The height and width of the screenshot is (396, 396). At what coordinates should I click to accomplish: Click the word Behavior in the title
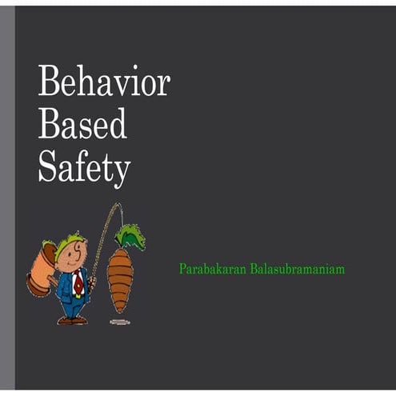(x=104, y=81)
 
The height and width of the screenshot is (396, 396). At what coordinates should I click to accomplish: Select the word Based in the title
(x=82, y=125)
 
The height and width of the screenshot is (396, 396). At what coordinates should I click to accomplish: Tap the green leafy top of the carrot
(x=129, y=237)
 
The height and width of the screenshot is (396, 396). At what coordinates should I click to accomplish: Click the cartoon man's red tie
(x=78, y=282)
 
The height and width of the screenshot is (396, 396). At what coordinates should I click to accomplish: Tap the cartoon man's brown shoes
(x=72, y=320)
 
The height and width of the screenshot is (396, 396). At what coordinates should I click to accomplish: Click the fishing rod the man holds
(x=105, y=240)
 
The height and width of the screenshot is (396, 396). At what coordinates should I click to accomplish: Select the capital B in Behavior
(x=49, y=81)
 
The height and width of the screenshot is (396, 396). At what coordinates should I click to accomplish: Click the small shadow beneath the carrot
(x=119, y=321)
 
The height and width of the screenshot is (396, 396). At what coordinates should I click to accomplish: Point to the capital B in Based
(x=49, y=125)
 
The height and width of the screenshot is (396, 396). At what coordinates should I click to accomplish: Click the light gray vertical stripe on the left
(x=7, y=200)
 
